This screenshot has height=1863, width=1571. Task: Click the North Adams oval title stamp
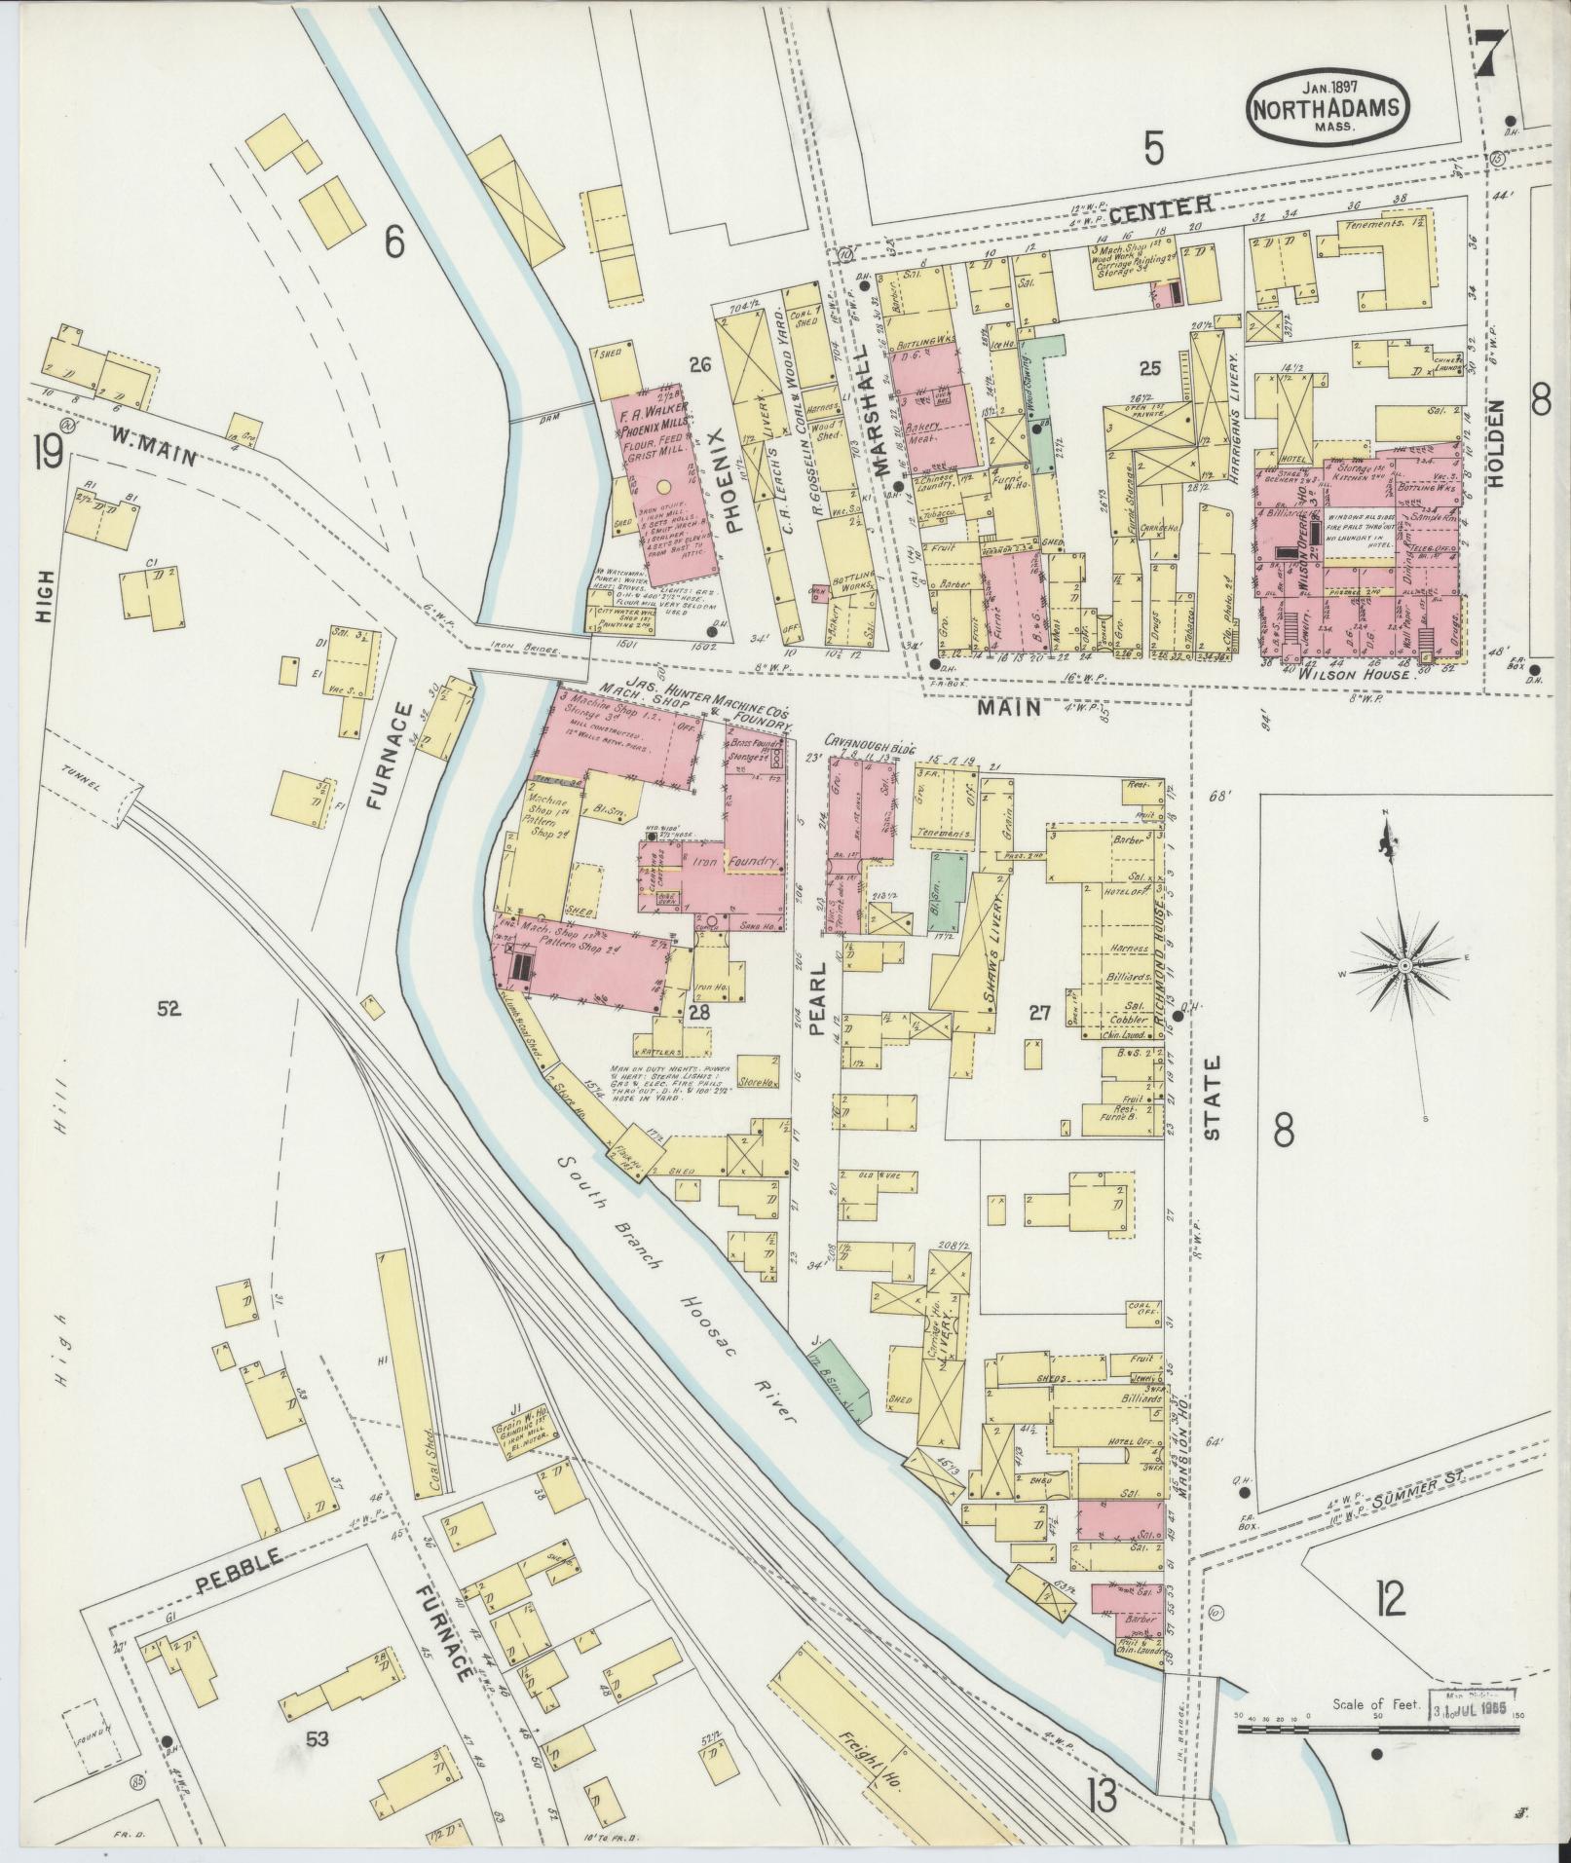coord(1328,108)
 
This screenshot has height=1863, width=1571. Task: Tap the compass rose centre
coord(1405,964)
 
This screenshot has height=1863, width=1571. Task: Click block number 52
coord(168,1010)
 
